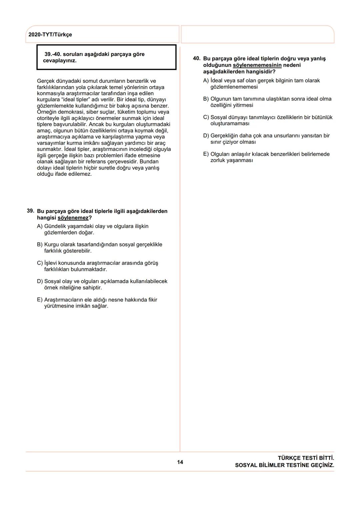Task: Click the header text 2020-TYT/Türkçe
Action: tap(50, 35)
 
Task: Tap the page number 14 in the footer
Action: tap(180, 462)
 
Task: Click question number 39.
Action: tap(30, 211)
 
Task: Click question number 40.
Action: tap(197, 58)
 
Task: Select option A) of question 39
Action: tap(40, 226)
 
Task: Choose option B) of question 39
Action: tap(40, 244)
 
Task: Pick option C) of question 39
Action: tap(40, 263)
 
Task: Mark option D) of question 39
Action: tap(40, 281)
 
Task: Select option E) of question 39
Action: tap(40, 300)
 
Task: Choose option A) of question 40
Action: tap(206, 80)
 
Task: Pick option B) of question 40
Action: tap(206, 99)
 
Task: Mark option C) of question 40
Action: tap(206, 117)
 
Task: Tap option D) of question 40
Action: tap(206, 135)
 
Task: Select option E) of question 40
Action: tap(206, 154)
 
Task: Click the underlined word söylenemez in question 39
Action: tap(73, 218)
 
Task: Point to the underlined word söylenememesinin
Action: tap(257, 65)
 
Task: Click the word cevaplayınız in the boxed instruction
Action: tap(60, 61)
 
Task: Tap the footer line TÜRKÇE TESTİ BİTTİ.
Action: tap(306, 458)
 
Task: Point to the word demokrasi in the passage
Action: tap(68, 112)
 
